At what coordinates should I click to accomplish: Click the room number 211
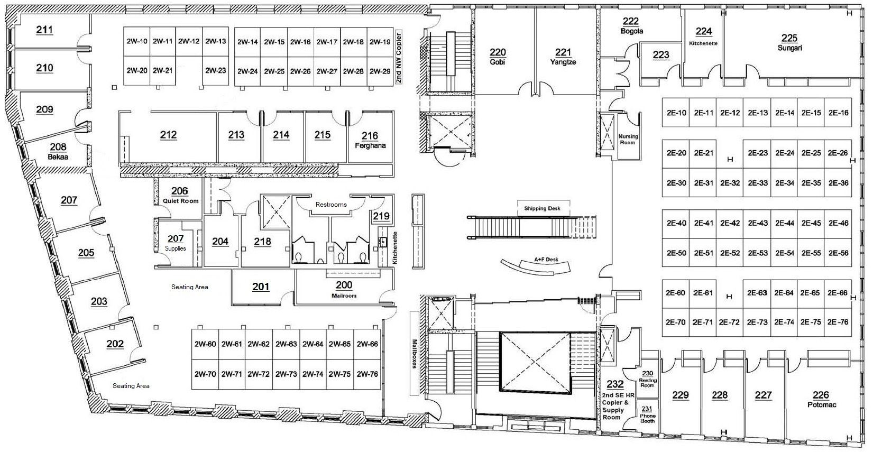[44, 30]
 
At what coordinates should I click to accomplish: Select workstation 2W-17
[327, 42]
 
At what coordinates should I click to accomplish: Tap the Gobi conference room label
[498, 57]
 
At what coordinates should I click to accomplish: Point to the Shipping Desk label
[542, 208]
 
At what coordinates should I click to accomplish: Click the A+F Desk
[536, 266]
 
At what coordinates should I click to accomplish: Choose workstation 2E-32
[730, 183]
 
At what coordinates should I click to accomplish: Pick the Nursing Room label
[628, 140]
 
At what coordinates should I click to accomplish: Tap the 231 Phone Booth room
[647, 414]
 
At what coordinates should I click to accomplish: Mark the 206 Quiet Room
[180, 195]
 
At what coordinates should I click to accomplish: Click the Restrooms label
[331, 205]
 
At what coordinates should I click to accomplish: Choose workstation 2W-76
[367, 374]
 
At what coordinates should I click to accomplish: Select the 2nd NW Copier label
[399, 59]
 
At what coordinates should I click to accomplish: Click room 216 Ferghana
[370, 140]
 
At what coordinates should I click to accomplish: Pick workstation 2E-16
[839, 113]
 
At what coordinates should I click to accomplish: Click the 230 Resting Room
[647, 379]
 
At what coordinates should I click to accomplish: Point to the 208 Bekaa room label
[58, 152]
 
